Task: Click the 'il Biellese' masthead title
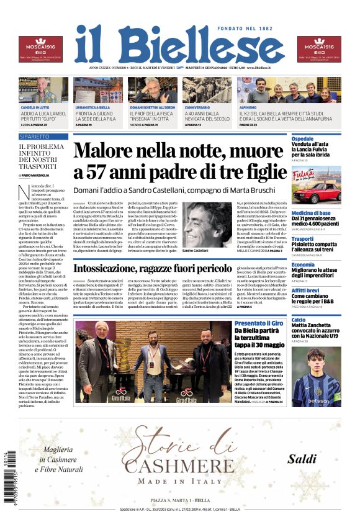coord(179,45)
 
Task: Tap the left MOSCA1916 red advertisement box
coord(40,50)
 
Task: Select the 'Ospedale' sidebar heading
coord(303,138)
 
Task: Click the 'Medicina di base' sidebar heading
coord(312,213)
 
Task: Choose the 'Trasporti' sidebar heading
coord(302,238)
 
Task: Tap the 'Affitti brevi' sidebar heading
coord(305,290)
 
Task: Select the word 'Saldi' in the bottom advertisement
coord(302,459)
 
